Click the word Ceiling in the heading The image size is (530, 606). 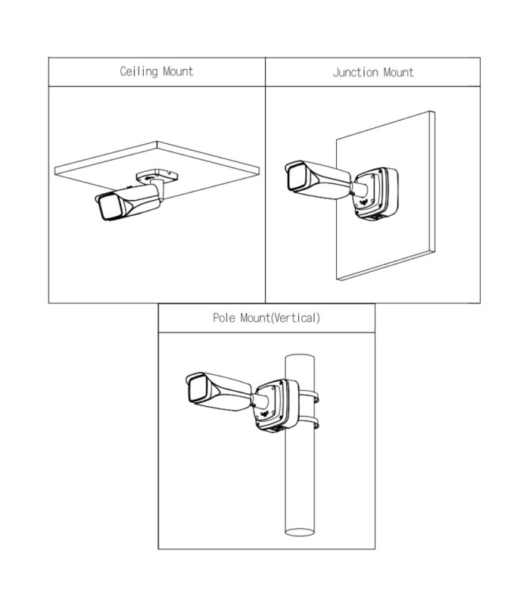pyautogui.click(x=139, y=71)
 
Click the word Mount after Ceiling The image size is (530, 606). pyautogui.click(x=178, y=71)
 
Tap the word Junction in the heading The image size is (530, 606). pyautogui.click(x=355, y=72)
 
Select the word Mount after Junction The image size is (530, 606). pyautogui.click(x=399, y=72)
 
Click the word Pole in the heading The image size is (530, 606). pyautogui.click(x=224, y=317)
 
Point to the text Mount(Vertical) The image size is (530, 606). pyautogui.click(x=280, y=317)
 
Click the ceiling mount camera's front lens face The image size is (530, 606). pyautogui.click(x=109, y=206)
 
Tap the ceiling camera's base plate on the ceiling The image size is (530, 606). pyautogui.click(x=157, y=175)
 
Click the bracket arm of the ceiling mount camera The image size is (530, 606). pyautogui.click(x=158, y=189)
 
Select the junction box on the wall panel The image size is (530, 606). pyautogui.click(x=376, y=193)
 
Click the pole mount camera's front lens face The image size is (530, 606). pyautogui.click(x=198, y=389)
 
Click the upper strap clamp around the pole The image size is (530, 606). pyautogui.click(x=309, y=396)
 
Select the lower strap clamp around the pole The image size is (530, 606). pyautogui.click(x=309, y=422)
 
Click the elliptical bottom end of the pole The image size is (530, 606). pyautogui.click(x=300, y=533)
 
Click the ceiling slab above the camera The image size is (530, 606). pyautogui.click(x=157, y=166)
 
